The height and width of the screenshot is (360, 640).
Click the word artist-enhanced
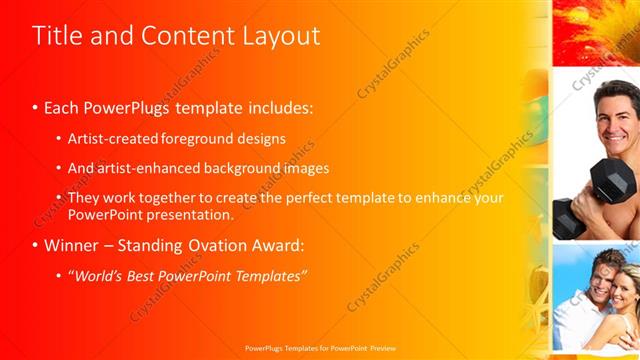[x=140, y=168]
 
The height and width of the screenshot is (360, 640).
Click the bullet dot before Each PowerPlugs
[x=35, y=106]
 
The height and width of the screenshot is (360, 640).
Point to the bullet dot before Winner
[x=35, y=246]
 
